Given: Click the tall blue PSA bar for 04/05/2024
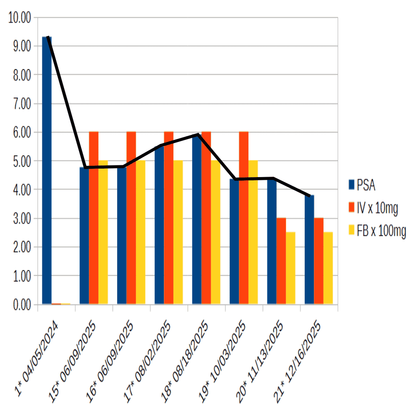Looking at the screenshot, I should point(47,170).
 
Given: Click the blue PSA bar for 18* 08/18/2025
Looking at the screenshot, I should point(197,221).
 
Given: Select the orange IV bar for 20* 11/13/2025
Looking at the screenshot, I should point(281,261).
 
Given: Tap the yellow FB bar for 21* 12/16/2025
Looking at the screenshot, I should point(328,268).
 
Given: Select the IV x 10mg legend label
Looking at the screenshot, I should point(377,208).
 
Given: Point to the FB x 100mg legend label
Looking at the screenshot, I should point(381,231).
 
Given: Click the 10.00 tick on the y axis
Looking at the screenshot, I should point(19,18).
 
